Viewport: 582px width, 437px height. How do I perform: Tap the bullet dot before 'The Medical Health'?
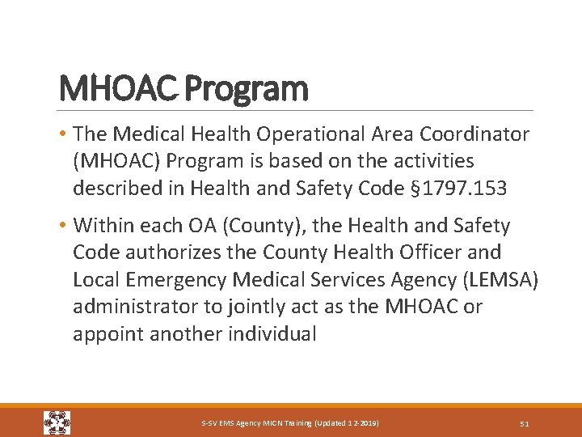63,134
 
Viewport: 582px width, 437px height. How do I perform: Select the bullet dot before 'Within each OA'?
63,226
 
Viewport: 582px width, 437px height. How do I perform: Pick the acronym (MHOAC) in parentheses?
116,162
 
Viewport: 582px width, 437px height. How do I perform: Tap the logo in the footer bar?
57,422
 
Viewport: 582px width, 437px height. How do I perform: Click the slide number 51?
524,423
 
